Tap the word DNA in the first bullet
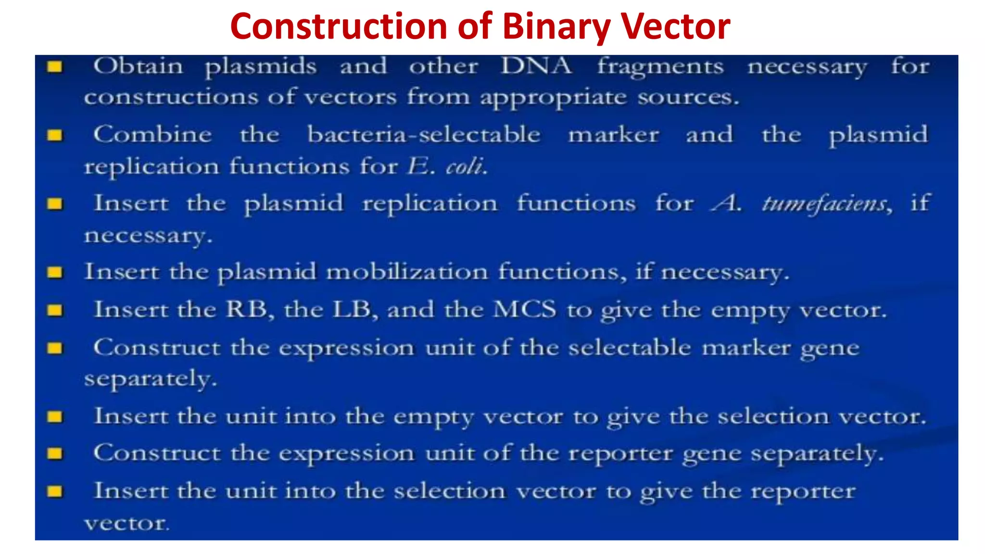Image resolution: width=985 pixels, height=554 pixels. [x=536, y=66]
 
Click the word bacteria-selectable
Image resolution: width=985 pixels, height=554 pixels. [x=424, y=135]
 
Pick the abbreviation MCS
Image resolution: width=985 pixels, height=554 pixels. [x=525, y=309]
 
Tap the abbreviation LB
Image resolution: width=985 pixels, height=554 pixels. [x=352, y=309]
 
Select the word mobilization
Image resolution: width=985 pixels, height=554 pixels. [x=407, y=272]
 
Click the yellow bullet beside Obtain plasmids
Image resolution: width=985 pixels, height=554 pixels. [x=55, y=67]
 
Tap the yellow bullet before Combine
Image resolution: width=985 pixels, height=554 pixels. [x=55, y=136]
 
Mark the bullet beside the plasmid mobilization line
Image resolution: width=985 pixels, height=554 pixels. [x=55, y=273]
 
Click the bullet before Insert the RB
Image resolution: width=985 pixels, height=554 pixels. [x=55, y=310]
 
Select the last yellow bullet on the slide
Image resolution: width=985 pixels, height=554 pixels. [x=55, y=491]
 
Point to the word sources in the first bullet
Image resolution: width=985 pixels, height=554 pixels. [x=688, y=98]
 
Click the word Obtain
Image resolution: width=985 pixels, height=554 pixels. [x=139, y=66]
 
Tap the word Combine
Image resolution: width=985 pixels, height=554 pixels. [x=152, y=135]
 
